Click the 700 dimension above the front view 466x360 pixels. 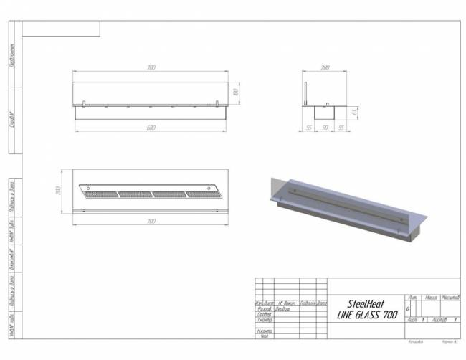[151, 68]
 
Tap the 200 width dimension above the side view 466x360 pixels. [325, 68]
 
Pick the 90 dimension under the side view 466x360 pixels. [325, 127]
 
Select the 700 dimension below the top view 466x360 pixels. [151, 222]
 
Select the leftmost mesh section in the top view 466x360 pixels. [99, 194]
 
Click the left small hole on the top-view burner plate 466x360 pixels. [85, 209]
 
